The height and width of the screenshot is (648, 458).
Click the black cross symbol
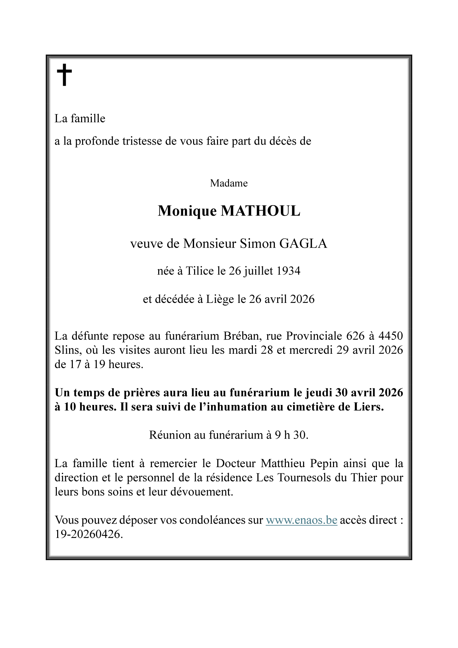click(64, 75)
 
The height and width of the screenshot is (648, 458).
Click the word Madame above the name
click(229, 183)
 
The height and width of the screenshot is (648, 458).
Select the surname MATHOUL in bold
click(261, 211)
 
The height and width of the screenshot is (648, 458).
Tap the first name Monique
click(187, 211)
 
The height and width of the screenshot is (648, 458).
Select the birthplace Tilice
click(199, 271)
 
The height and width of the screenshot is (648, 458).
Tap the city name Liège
click(220, 299)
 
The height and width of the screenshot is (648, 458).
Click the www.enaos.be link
click(301, 520)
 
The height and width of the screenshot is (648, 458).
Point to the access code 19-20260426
click(89, 534)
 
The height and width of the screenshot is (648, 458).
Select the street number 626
click(355, 336)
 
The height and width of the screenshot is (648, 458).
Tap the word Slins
click(66, 350)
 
